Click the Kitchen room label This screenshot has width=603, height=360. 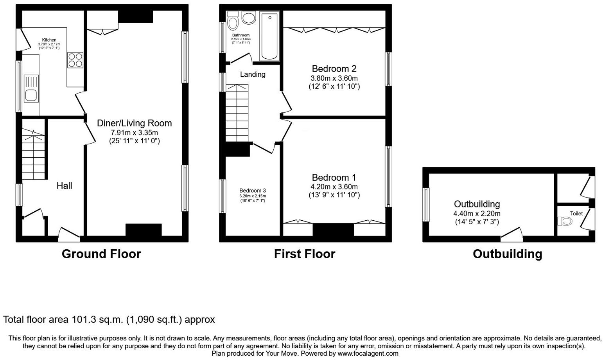49,40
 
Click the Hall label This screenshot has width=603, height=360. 65,185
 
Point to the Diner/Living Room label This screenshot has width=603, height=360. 134,123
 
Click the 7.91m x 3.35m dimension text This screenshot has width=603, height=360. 134,133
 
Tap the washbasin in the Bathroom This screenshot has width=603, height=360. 248,17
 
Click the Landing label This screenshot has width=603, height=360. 253,74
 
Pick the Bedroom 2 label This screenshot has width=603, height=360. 334,69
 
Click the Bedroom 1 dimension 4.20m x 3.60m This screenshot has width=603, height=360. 334,187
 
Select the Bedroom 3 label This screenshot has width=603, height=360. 253,191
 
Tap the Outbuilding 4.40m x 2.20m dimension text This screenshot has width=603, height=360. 477,214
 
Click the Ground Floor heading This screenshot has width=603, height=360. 101,254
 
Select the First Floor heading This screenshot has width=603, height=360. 305,254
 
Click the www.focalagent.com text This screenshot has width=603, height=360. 368,353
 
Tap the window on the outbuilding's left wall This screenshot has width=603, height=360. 426,205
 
